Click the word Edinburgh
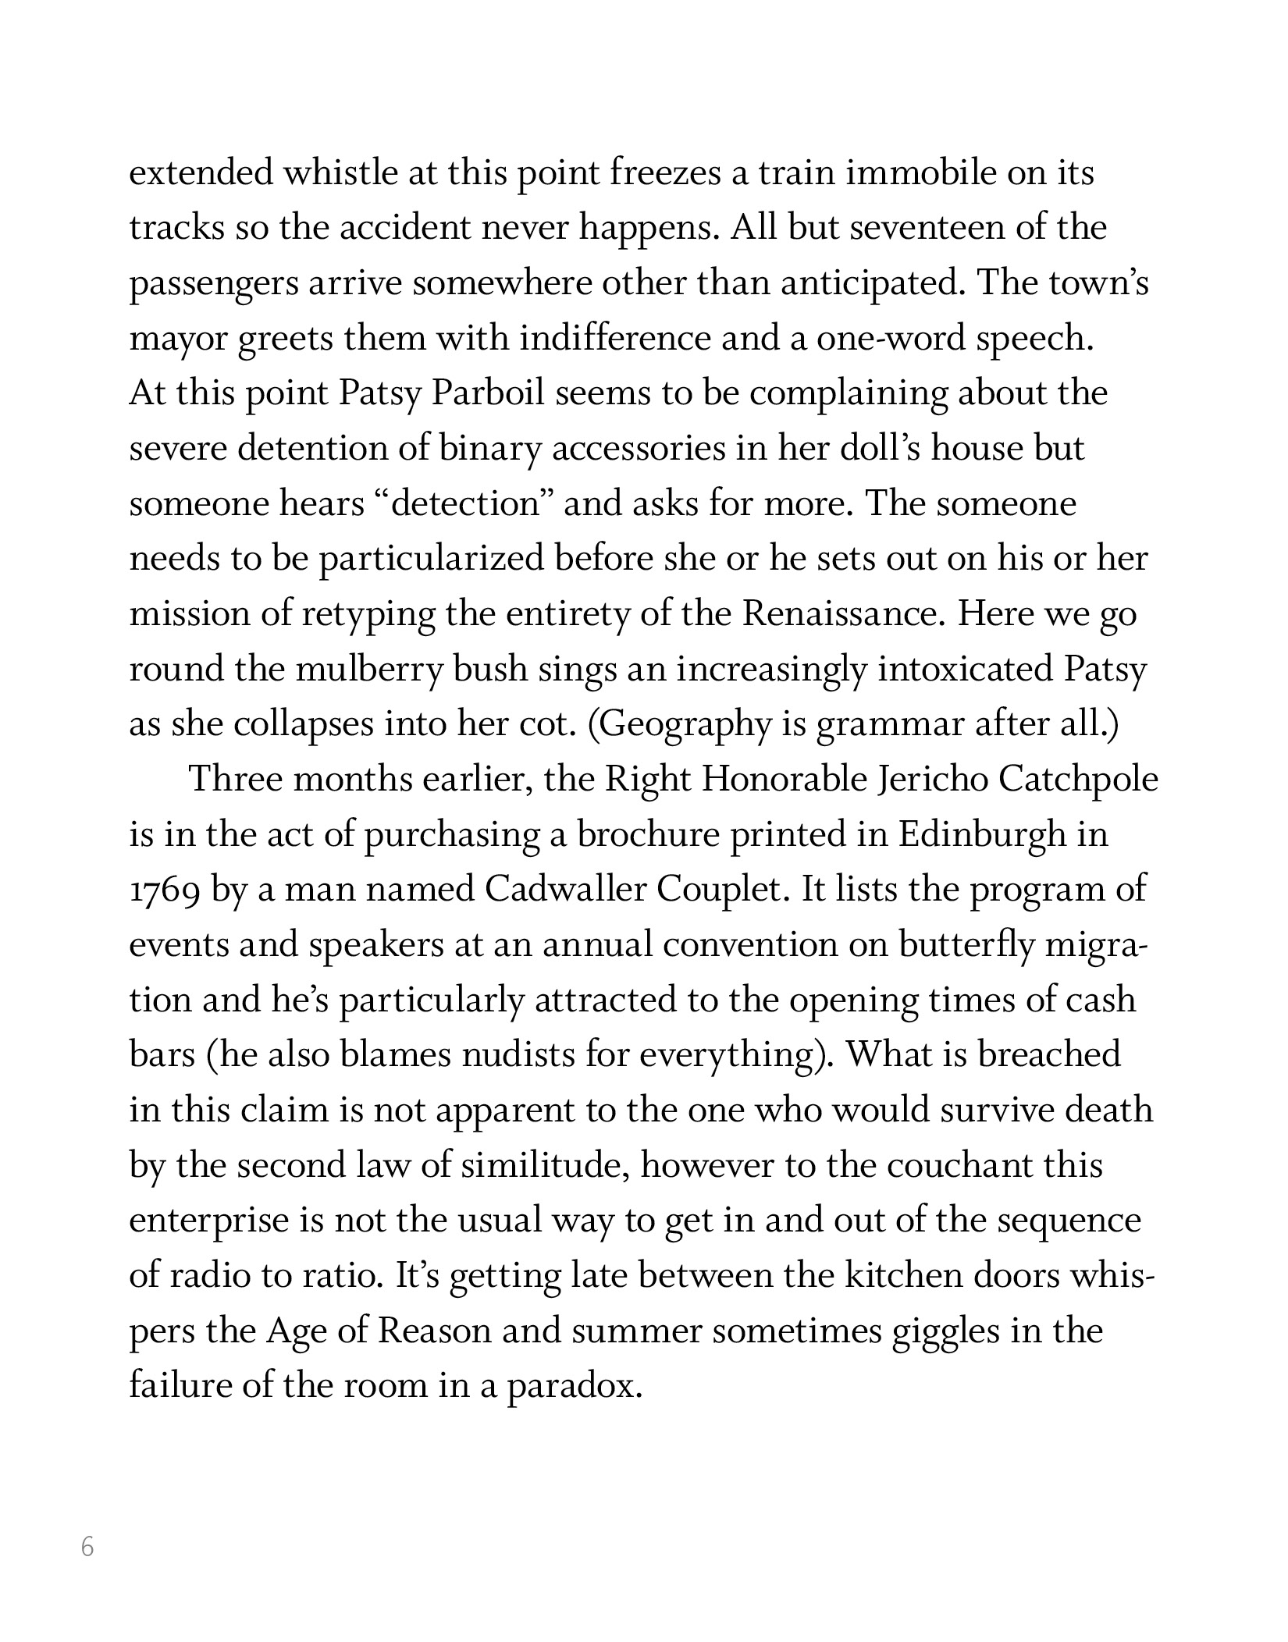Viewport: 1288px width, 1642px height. [981, 835]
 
